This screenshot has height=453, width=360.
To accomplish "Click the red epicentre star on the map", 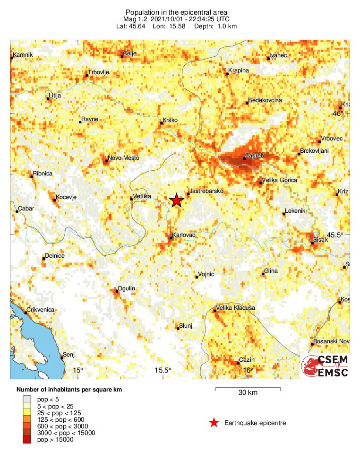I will point(176,200).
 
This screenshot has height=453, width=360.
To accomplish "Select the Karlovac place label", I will point(184,235).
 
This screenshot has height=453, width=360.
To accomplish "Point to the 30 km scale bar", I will point(248,389).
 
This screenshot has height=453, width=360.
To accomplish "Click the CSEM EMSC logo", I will point(326,366).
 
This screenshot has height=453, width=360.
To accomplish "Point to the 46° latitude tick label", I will point(338,113).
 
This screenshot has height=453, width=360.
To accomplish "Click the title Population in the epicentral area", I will point(177,12).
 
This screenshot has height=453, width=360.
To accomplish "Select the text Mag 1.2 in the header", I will point(134,19).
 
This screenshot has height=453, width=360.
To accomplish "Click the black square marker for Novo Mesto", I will point(106,161).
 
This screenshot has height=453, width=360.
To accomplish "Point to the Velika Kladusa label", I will point(235,308).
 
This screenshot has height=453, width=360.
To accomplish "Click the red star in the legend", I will point(214,423).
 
